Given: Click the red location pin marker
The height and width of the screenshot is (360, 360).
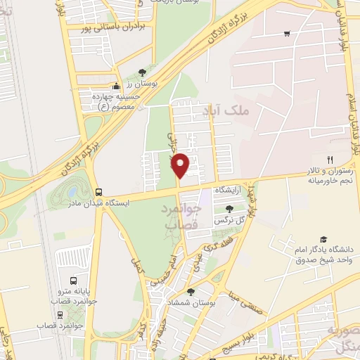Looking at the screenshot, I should tap(181, 165).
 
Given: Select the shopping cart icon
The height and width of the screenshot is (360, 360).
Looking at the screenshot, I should tap(287, 33).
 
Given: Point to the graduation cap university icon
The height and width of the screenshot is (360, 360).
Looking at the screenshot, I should tap(323, 240).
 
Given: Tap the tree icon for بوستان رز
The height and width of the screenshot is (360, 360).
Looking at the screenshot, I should tap(142, 72).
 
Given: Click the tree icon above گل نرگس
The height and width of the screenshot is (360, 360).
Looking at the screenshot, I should tap(229, 209).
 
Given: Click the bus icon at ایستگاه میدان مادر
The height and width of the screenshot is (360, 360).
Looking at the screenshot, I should tap(98, 191).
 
